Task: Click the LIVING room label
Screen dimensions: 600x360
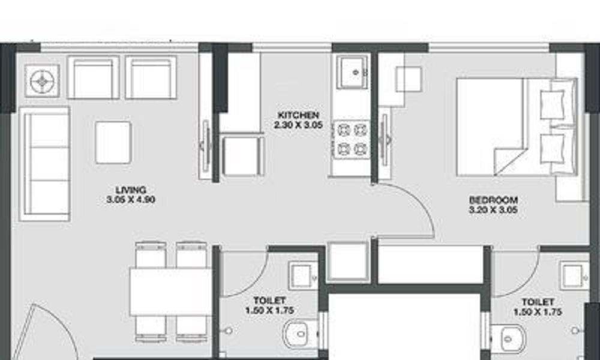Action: (x=131, y=190)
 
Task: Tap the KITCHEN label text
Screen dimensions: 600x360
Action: (x=298, y=115)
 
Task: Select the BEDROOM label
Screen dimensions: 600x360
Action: (x=494, y=200)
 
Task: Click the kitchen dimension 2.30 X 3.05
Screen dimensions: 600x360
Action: (x=298, y=125)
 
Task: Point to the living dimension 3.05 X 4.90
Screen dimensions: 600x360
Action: (x=131, y=200)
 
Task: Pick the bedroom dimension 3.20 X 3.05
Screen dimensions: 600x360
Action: (x=494, y=210)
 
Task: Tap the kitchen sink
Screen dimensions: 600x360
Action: (x=352, y=71)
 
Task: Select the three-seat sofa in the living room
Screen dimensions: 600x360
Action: (x=45, y=164)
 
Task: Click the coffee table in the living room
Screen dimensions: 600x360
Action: (x=113, y=142)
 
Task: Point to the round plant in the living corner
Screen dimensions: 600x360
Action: (x=42, y=81)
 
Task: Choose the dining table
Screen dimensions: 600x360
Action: (x=170, y=292)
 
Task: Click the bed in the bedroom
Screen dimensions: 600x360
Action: (x=517, y=127)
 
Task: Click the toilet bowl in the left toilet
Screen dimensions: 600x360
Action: (x=301, y=334)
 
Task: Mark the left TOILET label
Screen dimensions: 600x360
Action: (x=270, y=301)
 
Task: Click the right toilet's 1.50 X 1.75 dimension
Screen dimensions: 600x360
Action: (x=538, y=312)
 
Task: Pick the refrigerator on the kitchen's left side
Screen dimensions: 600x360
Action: (x=242, y=155)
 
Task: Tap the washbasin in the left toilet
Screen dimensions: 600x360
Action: (x=304, y=275)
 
